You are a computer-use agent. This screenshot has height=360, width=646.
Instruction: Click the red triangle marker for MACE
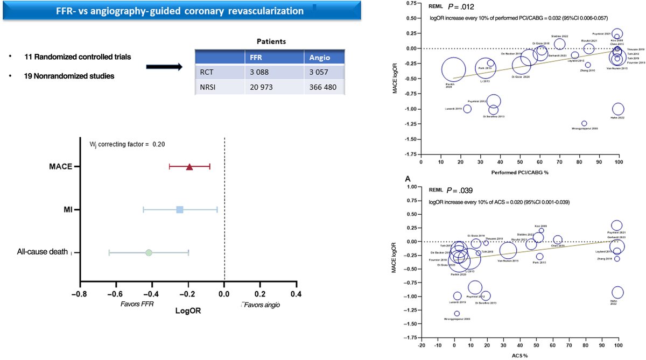click(x=189, y=167)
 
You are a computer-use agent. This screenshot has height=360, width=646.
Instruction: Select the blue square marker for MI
click(x=180, y=209)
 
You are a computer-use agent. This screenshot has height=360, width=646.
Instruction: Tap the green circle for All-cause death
click(x=149, y=252)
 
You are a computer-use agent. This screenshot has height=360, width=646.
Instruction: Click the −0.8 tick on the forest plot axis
click(x=79, y=293)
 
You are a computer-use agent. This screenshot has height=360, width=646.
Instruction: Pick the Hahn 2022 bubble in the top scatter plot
click(x=618, y=109)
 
